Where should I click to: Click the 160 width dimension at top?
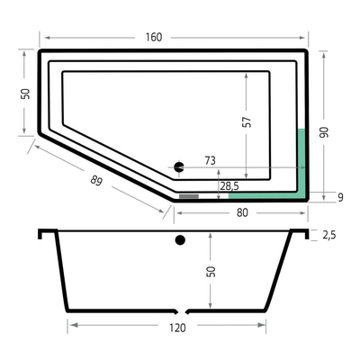pos(153,37)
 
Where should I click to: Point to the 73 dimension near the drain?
pos(210,161)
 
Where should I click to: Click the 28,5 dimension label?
pos(229,186)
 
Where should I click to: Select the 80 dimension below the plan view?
pos(241,213)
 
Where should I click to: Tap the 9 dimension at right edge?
pos(340,196)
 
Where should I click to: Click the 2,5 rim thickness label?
pos(330,235)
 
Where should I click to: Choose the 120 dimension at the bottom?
pos(177,328)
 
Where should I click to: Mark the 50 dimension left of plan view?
pos(26,94)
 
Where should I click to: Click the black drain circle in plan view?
pos(178,166)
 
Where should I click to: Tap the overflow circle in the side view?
pos(180,240)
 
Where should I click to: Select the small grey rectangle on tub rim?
pos(188,194)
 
